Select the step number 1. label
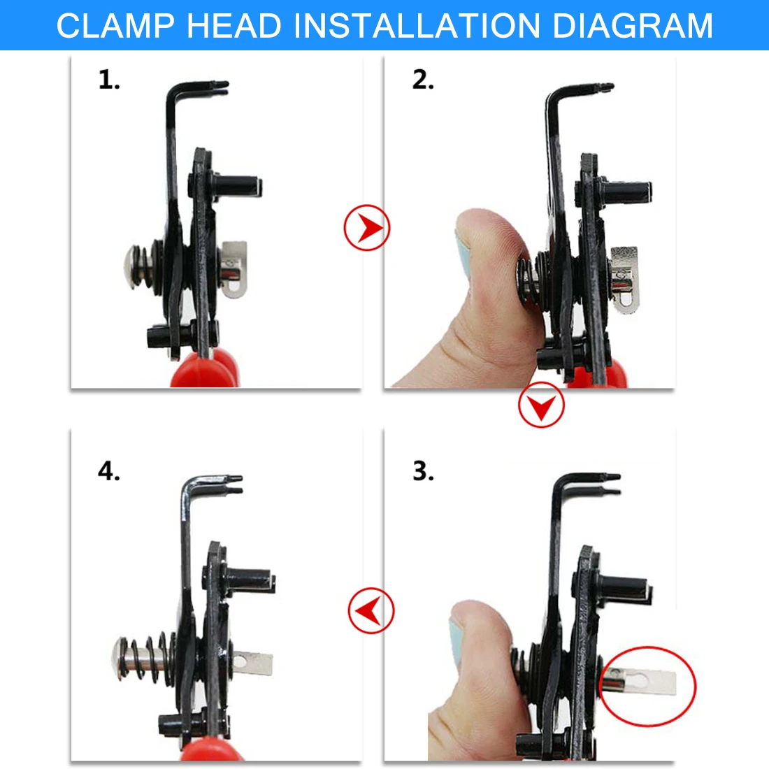coord(109,80)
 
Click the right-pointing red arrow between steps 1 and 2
coord(367,228)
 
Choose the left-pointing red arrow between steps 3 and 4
coord(371,611)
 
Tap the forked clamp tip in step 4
coord(233,484)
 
